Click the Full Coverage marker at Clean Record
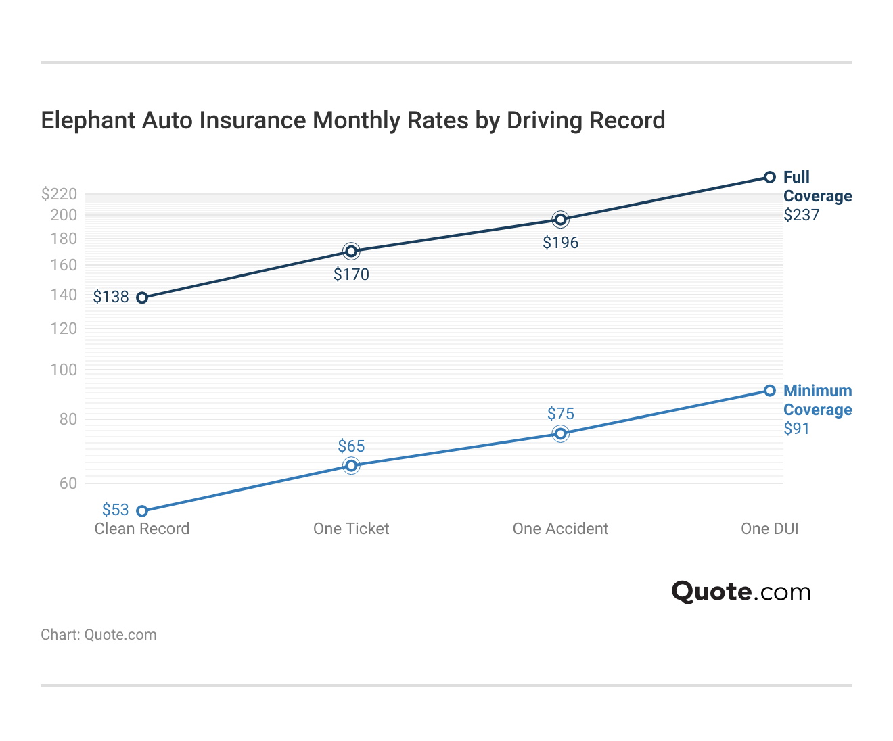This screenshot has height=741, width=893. (x=142, y=297)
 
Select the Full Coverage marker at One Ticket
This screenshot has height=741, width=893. (x=351, y=252)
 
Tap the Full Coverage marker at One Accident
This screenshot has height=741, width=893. (x=560, y=219)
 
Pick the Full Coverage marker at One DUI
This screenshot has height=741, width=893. (x=769, y=177)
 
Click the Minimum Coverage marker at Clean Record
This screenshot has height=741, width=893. (x=142, y=511)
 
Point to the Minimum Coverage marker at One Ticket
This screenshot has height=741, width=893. (x=351, y=465)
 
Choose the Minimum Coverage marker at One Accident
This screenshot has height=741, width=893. (x=560, y=433)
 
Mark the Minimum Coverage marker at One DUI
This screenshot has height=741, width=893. (x=769, y=391)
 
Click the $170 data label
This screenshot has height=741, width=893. (x=351, y=274)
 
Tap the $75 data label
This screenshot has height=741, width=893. (x=560, y=414)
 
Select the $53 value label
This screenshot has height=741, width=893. (x=115, y=510)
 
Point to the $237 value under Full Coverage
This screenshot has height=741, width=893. (x=801, y=216)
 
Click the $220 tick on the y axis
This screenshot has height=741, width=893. (x=60, y=195)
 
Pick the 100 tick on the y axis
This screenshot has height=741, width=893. (x=64, y=370)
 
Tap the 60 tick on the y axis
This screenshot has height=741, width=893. (x=68, y=483)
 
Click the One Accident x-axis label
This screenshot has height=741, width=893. (x=560, y=529)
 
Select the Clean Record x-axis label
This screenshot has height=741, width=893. (x=142, y=529)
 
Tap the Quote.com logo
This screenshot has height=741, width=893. (x=741, y=592)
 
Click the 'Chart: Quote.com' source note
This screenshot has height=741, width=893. (x=99, y=635)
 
